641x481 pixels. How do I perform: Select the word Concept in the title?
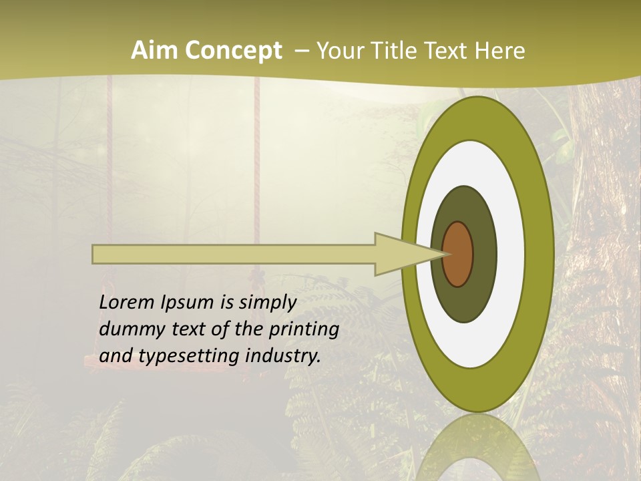(233, 51)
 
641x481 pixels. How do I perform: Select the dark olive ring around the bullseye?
(484, 254)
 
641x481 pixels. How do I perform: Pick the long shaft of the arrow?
(234, 255)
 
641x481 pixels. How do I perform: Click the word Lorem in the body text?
(128, 303)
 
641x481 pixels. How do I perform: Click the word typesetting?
(188, 357)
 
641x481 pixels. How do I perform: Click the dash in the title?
(301, 51)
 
